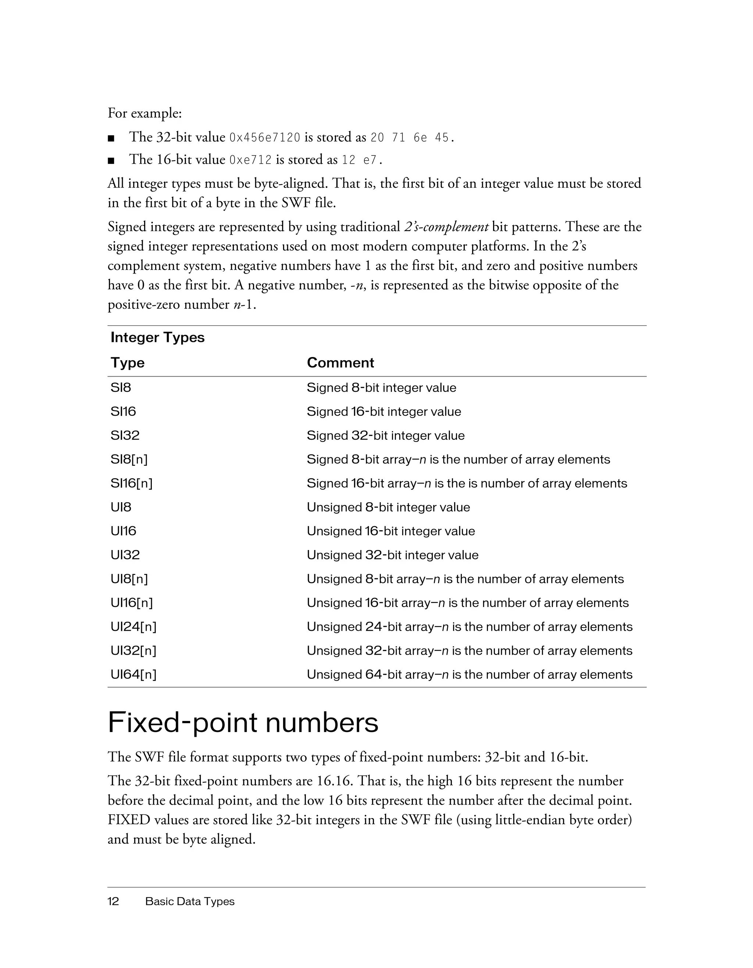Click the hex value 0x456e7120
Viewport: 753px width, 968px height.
265,138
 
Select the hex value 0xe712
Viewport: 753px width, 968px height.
250,160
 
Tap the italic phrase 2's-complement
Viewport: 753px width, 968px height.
446,227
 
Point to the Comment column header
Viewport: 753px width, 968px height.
340,362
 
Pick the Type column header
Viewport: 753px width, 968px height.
128,362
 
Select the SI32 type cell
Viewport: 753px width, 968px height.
125,435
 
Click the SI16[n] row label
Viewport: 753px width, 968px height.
132,483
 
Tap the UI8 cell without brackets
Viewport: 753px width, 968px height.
121,507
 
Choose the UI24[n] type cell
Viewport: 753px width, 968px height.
133,627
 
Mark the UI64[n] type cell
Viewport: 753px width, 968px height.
133,675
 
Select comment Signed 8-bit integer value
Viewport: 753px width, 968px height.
381,388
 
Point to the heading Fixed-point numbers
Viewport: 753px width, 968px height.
243,723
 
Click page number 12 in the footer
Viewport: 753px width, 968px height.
114,901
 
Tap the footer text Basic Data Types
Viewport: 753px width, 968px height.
190,901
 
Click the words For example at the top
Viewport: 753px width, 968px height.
144,114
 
